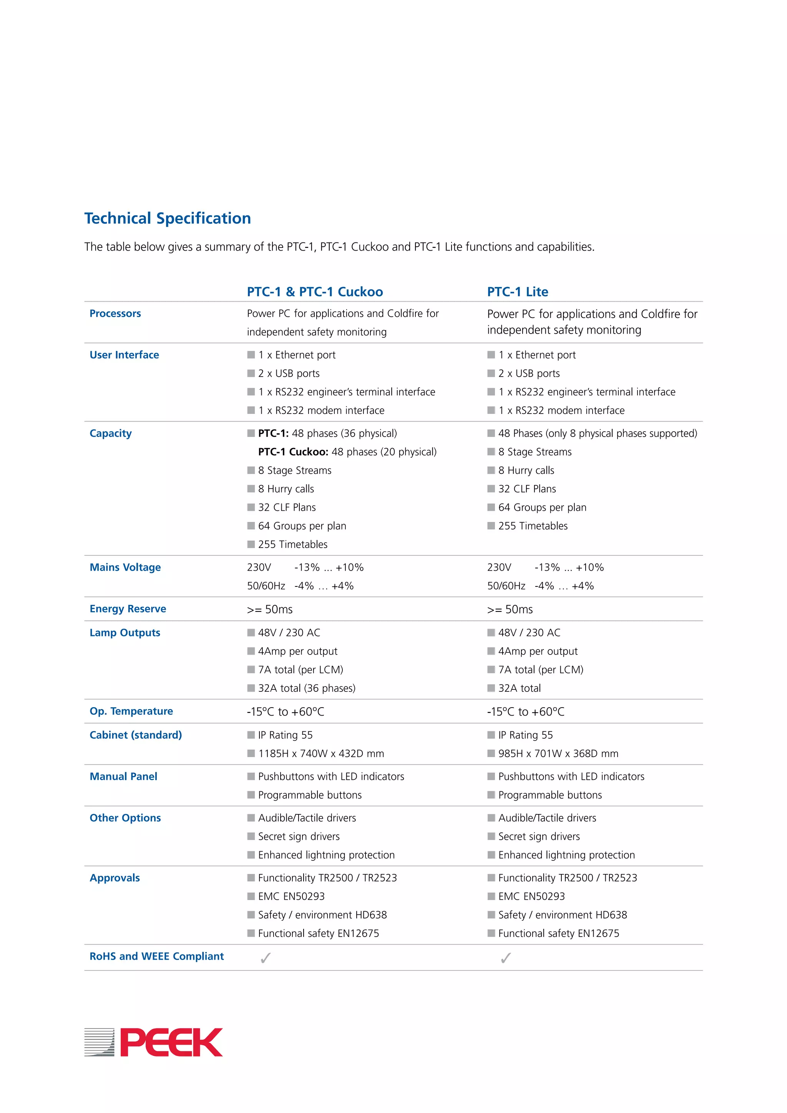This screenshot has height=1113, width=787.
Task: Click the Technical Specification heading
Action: tap(168, 218)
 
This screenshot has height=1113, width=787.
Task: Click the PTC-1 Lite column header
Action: tap(518, 292)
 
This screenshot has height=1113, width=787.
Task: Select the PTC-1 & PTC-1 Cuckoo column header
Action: tap(315, 292)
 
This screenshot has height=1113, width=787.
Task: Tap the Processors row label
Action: tap(115, 314)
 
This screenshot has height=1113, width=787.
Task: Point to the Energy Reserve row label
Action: tap(128, 609)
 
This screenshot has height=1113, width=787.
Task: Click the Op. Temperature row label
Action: tap(131, 711)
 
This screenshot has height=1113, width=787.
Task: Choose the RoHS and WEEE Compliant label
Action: tap(156, 957)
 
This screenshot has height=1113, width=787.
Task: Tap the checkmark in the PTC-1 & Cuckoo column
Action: tap(266, 958)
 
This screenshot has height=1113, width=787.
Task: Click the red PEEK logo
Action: tap(171, 1042)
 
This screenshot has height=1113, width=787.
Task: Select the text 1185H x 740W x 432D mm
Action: tap(321, 754)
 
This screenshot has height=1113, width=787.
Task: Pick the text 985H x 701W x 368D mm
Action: tap(558, 754)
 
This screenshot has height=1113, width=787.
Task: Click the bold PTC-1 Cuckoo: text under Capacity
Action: tap(293, 452)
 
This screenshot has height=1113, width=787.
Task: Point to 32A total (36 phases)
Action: tap(307, 688)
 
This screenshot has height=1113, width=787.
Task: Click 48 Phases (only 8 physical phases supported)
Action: tap(598, 434)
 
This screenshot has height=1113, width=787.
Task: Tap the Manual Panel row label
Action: tap(124, 777)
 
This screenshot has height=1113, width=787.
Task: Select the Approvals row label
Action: tap(115, 878)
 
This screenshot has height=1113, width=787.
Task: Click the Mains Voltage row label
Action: tap(126, 567)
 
